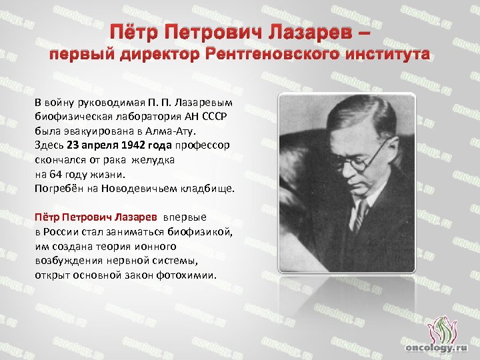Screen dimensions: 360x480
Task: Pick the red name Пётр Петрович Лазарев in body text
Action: click(x=95, y=217)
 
